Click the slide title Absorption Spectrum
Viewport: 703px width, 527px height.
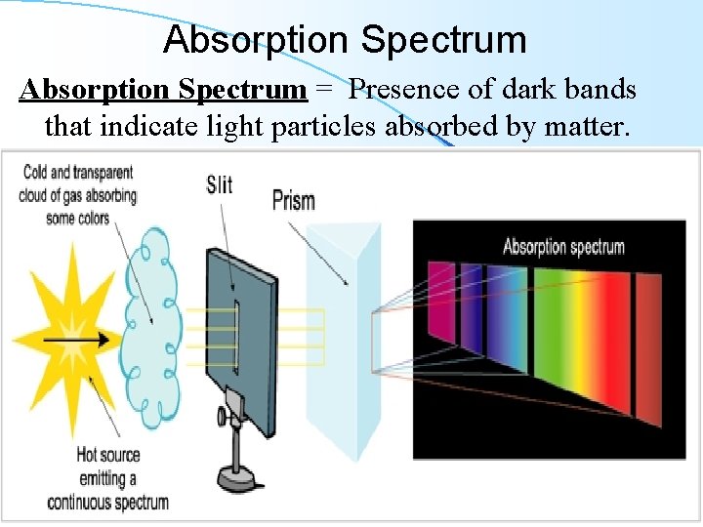coord(345,40)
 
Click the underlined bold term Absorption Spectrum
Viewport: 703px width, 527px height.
coord(163,90)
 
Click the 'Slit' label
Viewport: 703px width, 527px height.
coord(220,183)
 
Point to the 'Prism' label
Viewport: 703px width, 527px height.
coord(293,201)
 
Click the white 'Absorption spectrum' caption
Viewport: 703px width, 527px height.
coord(563,246)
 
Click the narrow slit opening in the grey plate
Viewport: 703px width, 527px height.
coord(237,337)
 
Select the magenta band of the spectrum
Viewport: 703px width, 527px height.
coord(441,303)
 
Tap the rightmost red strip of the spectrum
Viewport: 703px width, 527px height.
coord(648,351)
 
